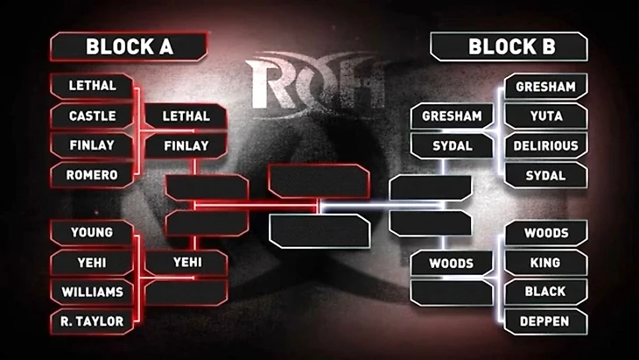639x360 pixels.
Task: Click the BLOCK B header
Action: point(509,46)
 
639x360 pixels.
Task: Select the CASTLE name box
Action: point(91,116)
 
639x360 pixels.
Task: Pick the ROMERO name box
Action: point(91,175)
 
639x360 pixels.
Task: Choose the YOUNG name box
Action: point(91,233)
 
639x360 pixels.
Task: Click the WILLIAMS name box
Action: point(91,292)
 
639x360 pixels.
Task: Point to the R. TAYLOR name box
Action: point(91,321)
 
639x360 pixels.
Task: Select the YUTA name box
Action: point(545,116)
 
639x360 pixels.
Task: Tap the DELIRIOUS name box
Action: point(545,145)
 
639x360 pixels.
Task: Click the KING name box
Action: point(545,263)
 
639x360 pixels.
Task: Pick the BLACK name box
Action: point(545,292)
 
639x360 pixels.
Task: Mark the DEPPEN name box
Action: point(545,321)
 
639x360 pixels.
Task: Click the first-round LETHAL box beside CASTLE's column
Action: point(91,87)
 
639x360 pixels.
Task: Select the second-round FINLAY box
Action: point(186,145)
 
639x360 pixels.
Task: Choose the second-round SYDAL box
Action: point(452,145)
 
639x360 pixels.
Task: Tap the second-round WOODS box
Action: point(452,263)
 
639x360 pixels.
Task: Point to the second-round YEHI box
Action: point(186,263)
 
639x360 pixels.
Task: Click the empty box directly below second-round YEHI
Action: point(186,292)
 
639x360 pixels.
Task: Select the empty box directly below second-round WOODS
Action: point(452,292)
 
